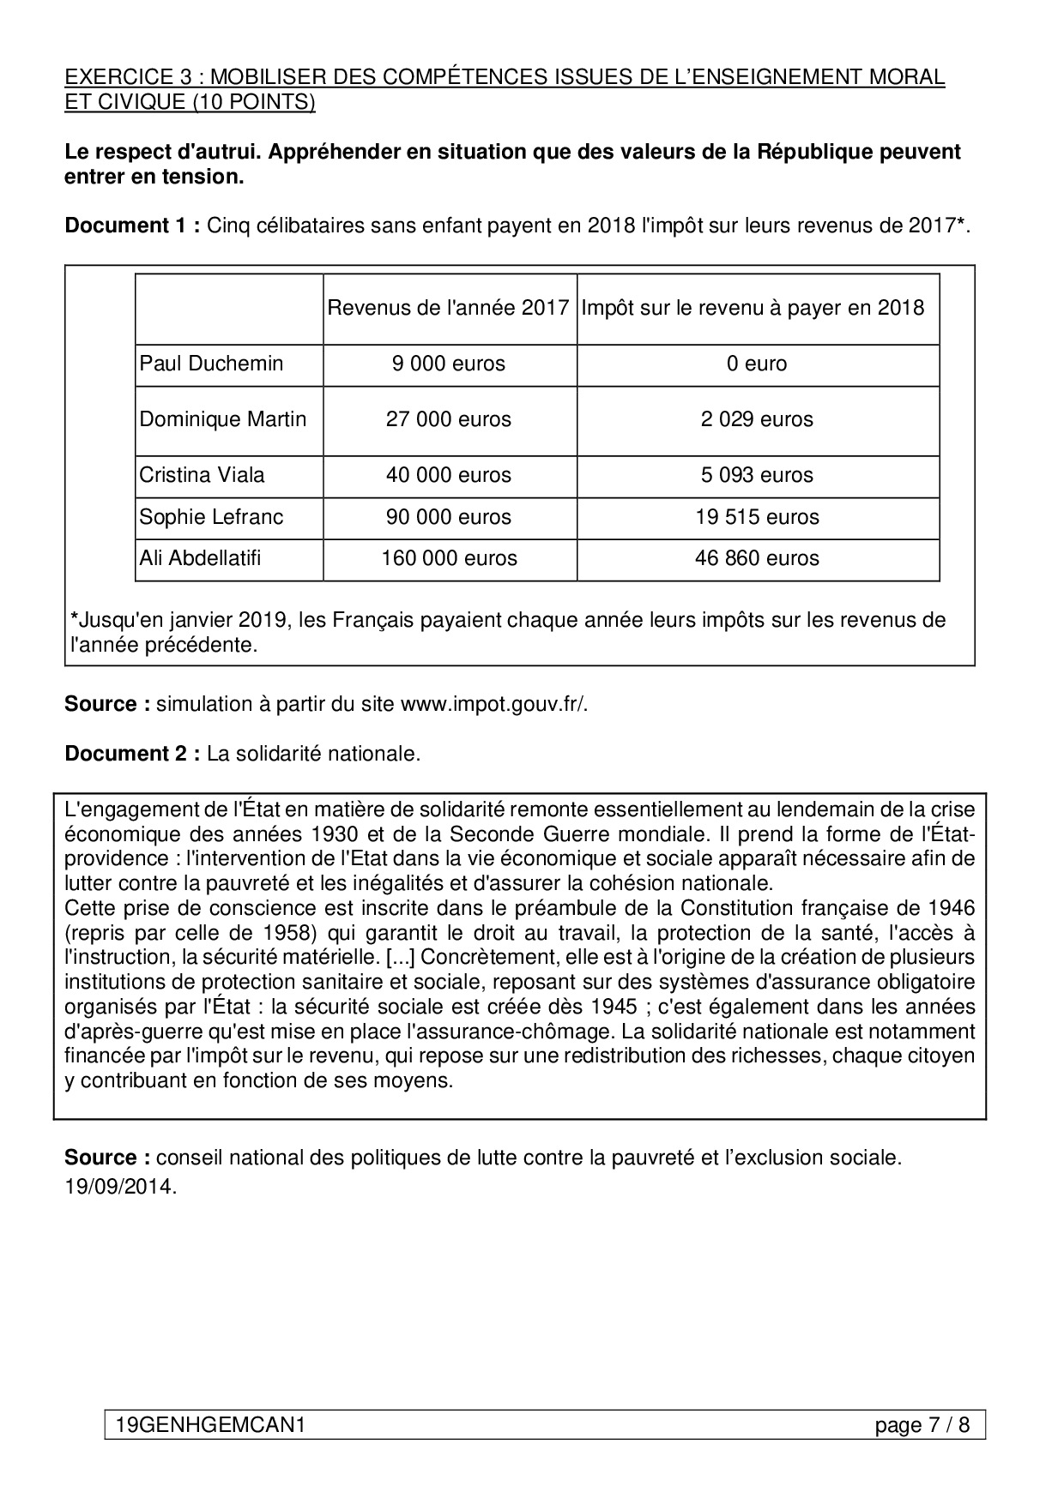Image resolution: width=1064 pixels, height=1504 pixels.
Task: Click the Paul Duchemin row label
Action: point(211,364)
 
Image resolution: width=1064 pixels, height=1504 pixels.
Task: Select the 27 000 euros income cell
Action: point(449,419)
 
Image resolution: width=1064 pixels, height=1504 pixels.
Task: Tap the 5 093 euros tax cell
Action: point(757,475)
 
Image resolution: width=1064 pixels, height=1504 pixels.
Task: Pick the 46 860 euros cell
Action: point(757,558)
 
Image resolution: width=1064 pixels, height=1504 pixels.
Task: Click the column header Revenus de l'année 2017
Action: point(449,308)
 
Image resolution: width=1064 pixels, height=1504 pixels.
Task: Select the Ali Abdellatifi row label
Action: point(200,558)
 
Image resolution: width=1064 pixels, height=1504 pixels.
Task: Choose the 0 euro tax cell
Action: point(757,364)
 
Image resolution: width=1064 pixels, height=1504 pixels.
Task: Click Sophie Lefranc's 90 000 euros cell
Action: point(449,517)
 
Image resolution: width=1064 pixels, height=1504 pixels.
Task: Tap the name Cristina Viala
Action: point(202,475)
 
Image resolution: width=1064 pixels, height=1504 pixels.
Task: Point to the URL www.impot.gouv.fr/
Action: point(494,704)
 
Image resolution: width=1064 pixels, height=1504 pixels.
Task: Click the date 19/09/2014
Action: point(120,1187)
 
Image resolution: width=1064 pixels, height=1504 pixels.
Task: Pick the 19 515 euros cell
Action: point(757,517)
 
